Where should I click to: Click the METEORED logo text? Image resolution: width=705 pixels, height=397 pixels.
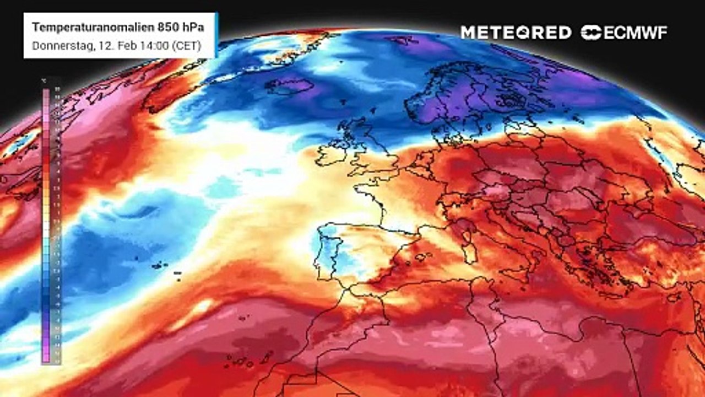[x=516, y=33]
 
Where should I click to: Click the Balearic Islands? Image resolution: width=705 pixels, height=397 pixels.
[x=421, y=256]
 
